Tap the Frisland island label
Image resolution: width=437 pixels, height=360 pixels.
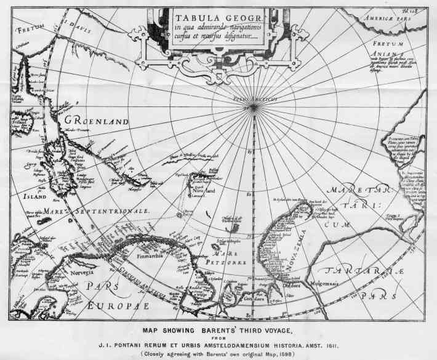pyautogui.click(x=20, y=122)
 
